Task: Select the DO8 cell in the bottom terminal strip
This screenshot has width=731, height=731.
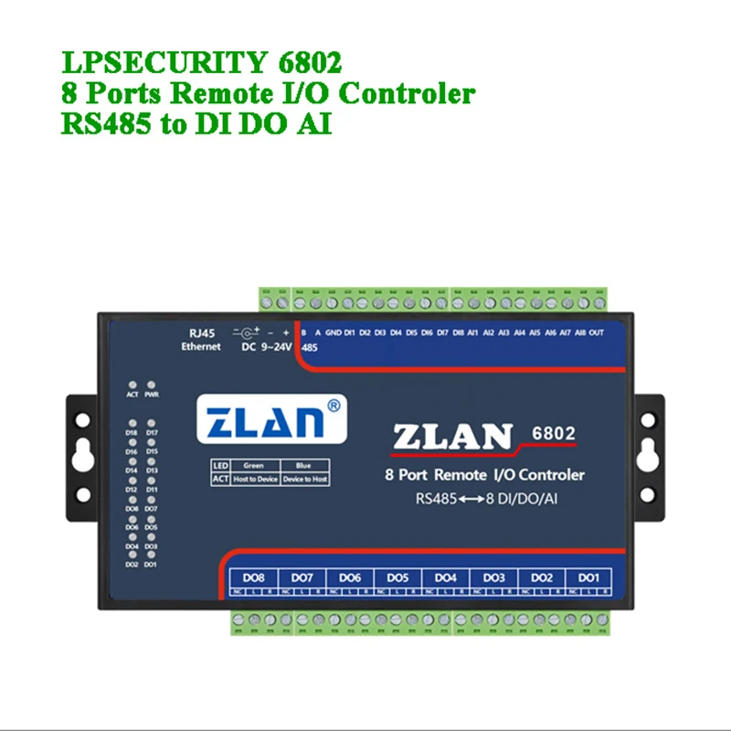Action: (x=254, y=577)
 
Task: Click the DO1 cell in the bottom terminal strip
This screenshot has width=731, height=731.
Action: (x=587, y=577)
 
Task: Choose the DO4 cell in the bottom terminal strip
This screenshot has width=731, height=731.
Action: (x=445, y=577)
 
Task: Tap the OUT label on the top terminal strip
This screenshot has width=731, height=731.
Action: (x=597, y=333)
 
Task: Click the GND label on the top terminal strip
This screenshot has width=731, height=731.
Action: (x=334, y=333)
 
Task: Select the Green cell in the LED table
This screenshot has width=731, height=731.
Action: (x=253, y=466)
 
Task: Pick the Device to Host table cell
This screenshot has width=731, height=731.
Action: (x=305, y=479)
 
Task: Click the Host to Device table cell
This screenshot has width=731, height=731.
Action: (x=253, y=479)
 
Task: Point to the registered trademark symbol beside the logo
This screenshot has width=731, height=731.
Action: (x=335, y=404)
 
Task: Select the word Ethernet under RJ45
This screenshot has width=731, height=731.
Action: (x=200, y=347)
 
